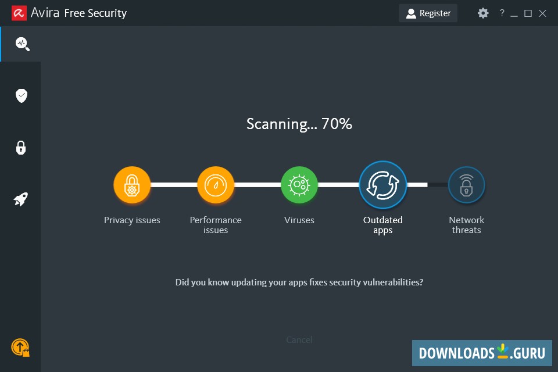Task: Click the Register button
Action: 428,13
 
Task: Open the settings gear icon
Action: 483,13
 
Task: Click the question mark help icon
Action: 502,13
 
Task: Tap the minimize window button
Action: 514,13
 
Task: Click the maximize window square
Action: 528,13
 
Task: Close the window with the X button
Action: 542,13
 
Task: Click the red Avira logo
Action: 19,13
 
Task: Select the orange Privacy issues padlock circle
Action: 132,185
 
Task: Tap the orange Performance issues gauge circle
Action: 216,185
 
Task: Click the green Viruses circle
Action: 299,185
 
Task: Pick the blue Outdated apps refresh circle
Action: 382,185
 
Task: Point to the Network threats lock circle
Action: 466,185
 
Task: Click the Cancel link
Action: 299,339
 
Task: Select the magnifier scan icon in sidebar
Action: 22,44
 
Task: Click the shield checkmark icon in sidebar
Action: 22,96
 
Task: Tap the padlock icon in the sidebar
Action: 21,148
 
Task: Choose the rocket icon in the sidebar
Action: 21,200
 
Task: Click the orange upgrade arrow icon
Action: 20,348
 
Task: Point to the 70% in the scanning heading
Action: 337,124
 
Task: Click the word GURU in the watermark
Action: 529,353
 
